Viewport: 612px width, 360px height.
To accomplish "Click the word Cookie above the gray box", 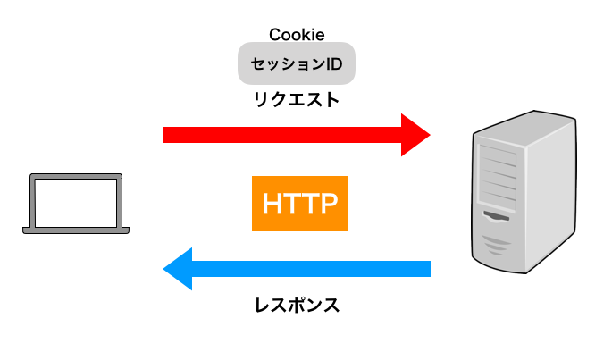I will [x=297, y=35].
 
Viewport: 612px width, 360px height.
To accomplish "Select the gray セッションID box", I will [x=297, y=64].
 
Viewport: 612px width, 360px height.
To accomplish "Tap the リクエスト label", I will [x=297, y=100].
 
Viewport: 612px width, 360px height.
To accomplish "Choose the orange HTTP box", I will [x=299, y=204].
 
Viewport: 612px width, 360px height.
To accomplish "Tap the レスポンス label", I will [x=297, y=306].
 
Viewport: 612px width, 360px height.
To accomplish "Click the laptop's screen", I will [x=76, y=202].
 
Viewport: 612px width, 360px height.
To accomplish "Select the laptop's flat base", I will [x=76, y=230].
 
